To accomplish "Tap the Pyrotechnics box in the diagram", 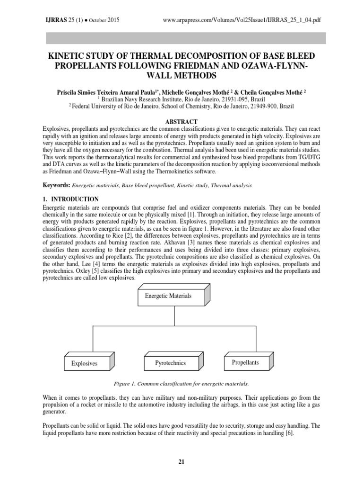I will click(x=171, y=363).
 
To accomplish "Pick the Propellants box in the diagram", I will click(x=245, y=362).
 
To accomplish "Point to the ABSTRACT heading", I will click(x=181, y=122).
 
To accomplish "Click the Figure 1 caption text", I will click(x=181, y=383).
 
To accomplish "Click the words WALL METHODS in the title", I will click(x=181, y=76).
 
